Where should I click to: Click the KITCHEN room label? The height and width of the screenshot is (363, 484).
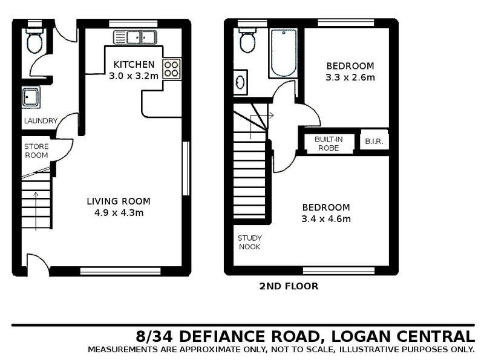tap(134, 65)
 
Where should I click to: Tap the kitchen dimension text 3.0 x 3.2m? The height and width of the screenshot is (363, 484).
tap(134, 76)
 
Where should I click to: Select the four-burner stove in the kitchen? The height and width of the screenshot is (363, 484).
tap(171, 68)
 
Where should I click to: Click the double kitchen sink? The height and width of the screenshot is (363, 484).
tap(135, 38)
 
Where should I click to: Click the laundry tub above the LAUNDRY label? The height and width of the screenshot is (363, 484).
tap(31, 97)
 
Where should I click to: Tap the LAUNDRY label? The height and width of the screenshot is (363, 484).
tap(41, 121)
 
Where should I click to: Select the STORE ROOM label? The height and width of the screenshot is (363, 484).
tap(36, 151)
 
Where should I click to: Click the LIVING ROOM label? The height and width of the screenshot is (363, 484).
tap(118, 201)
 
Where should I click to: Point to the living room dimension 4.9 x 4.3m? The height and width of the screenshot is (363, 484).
tap(118, 213)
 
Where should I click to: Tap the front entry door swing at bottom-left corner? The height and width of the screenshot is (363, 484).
tap(37, 264)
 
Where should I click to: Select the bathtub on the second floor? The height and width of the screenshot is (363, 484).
tap(283, 53)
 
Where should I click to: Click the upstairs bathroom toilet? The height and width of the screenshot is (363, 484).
tap(247, 41)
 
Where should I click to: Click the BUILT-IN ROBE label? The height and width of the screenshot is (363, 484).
tap(329, 143)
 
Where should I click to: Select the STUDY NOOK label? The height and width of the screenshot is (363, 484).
tap(250, 243)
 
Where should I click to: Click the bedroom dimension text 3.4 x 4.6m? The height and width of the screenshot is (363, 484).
tap(326, 219)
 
